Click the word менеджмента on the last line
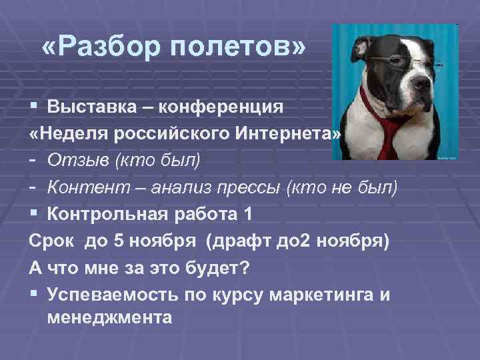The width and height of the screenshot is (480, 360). pos(110,317)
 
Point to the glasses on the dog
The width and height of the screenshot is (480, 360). pos(400,61)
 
